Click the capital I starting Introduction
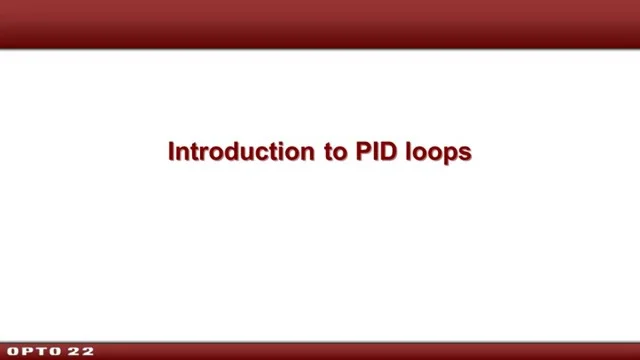(x=172, y=153)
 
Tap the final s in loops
(x=464, y=154)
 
